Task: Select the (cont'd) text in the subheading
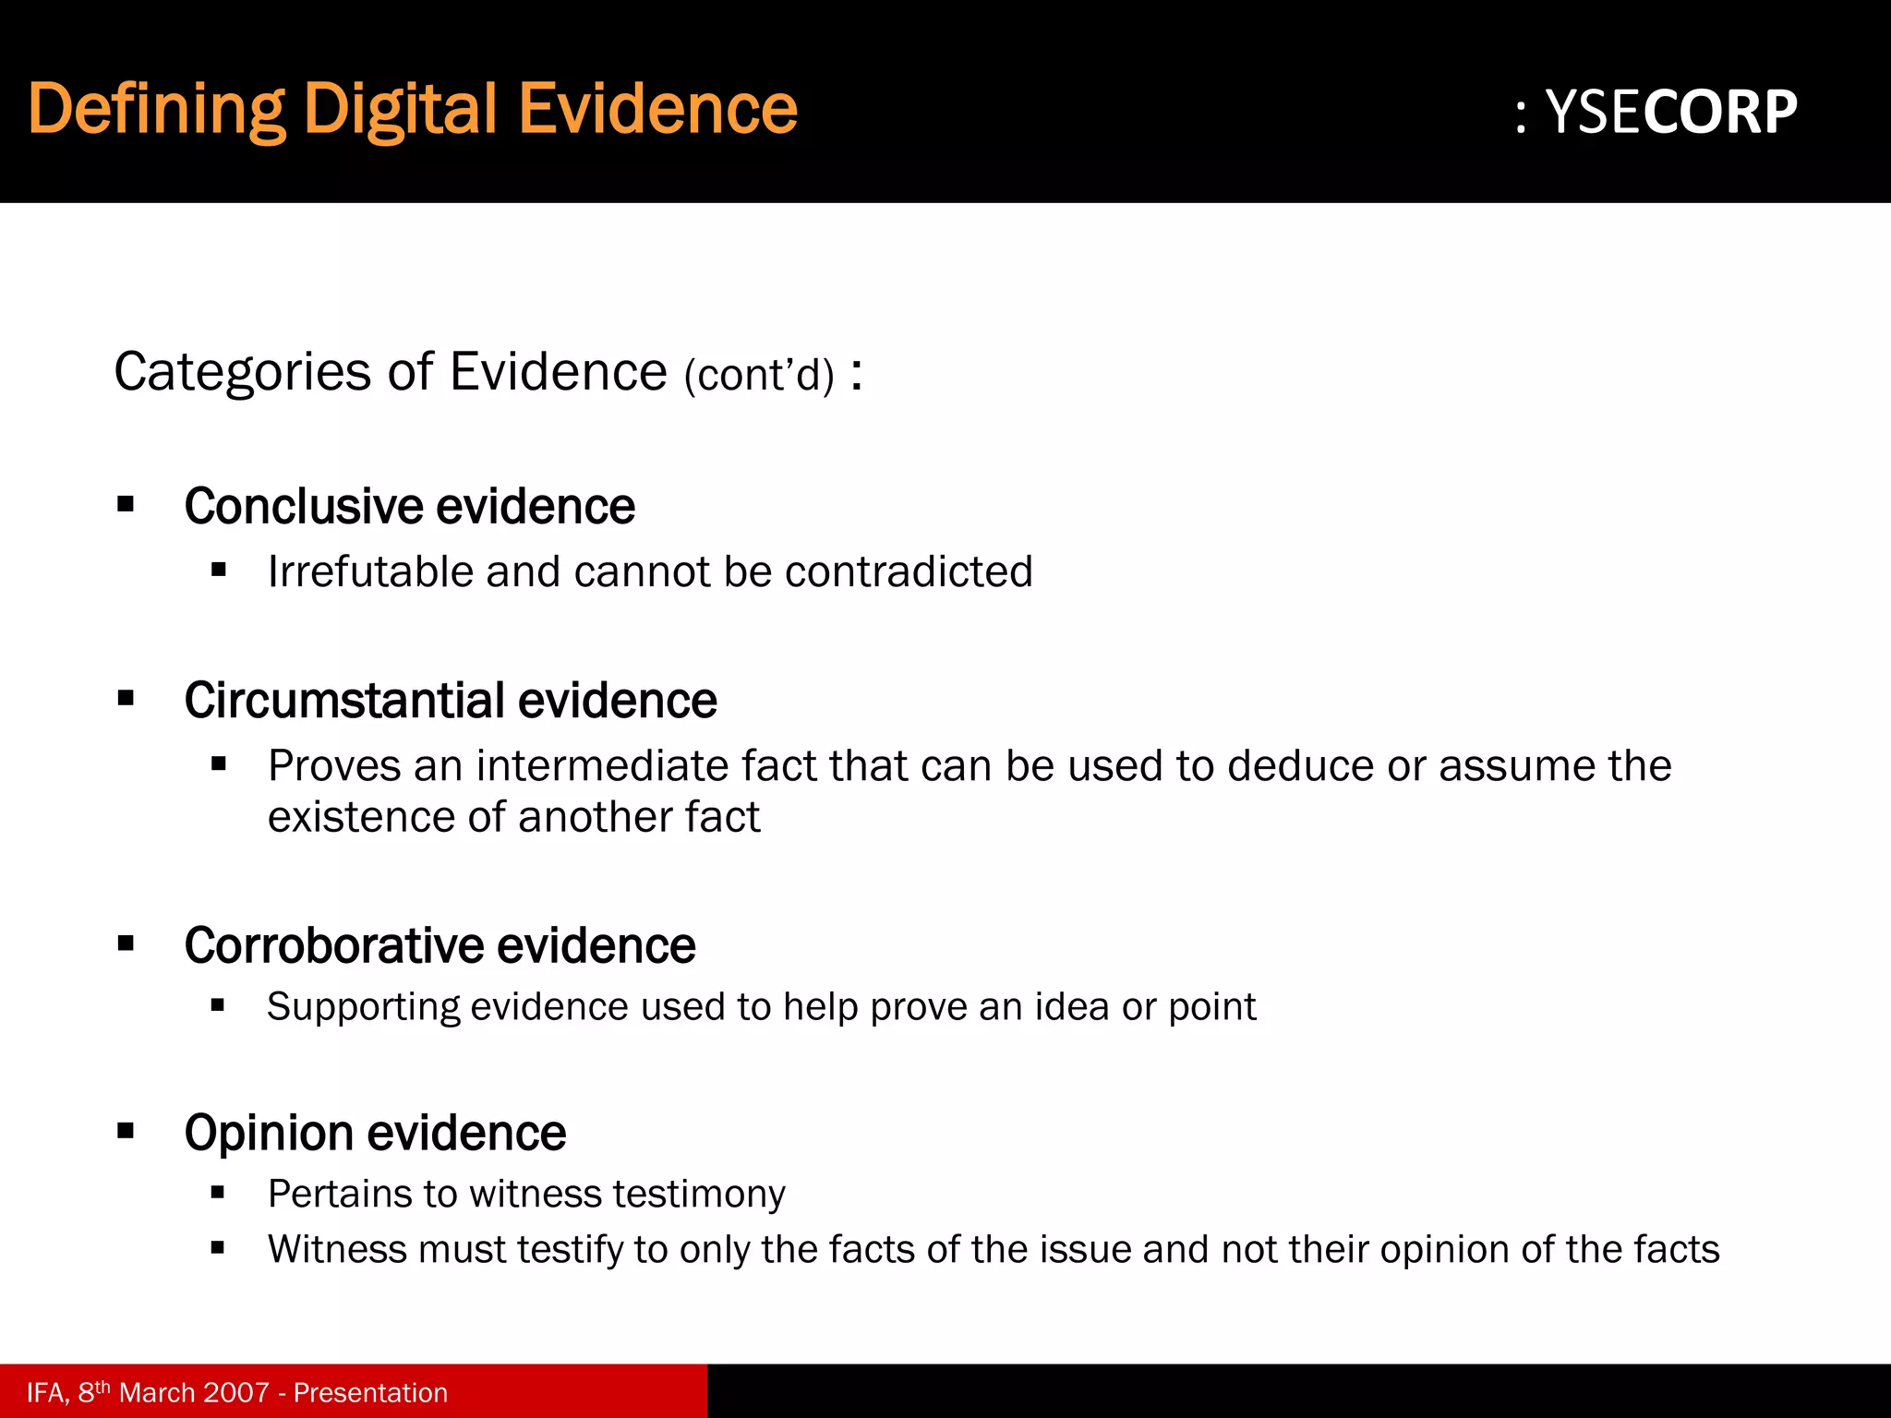coord(759,376)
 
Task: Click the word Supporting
coord(363,1007)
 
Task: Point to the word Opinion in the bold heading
coord(269,1133)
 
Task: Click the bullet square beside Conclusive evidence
coord(126,505)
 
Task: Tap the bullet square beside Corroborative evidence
coord(126,944)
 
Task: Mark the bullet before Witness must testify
coord(218,1249)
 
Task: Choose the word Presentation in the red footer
coord(370,1392)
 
